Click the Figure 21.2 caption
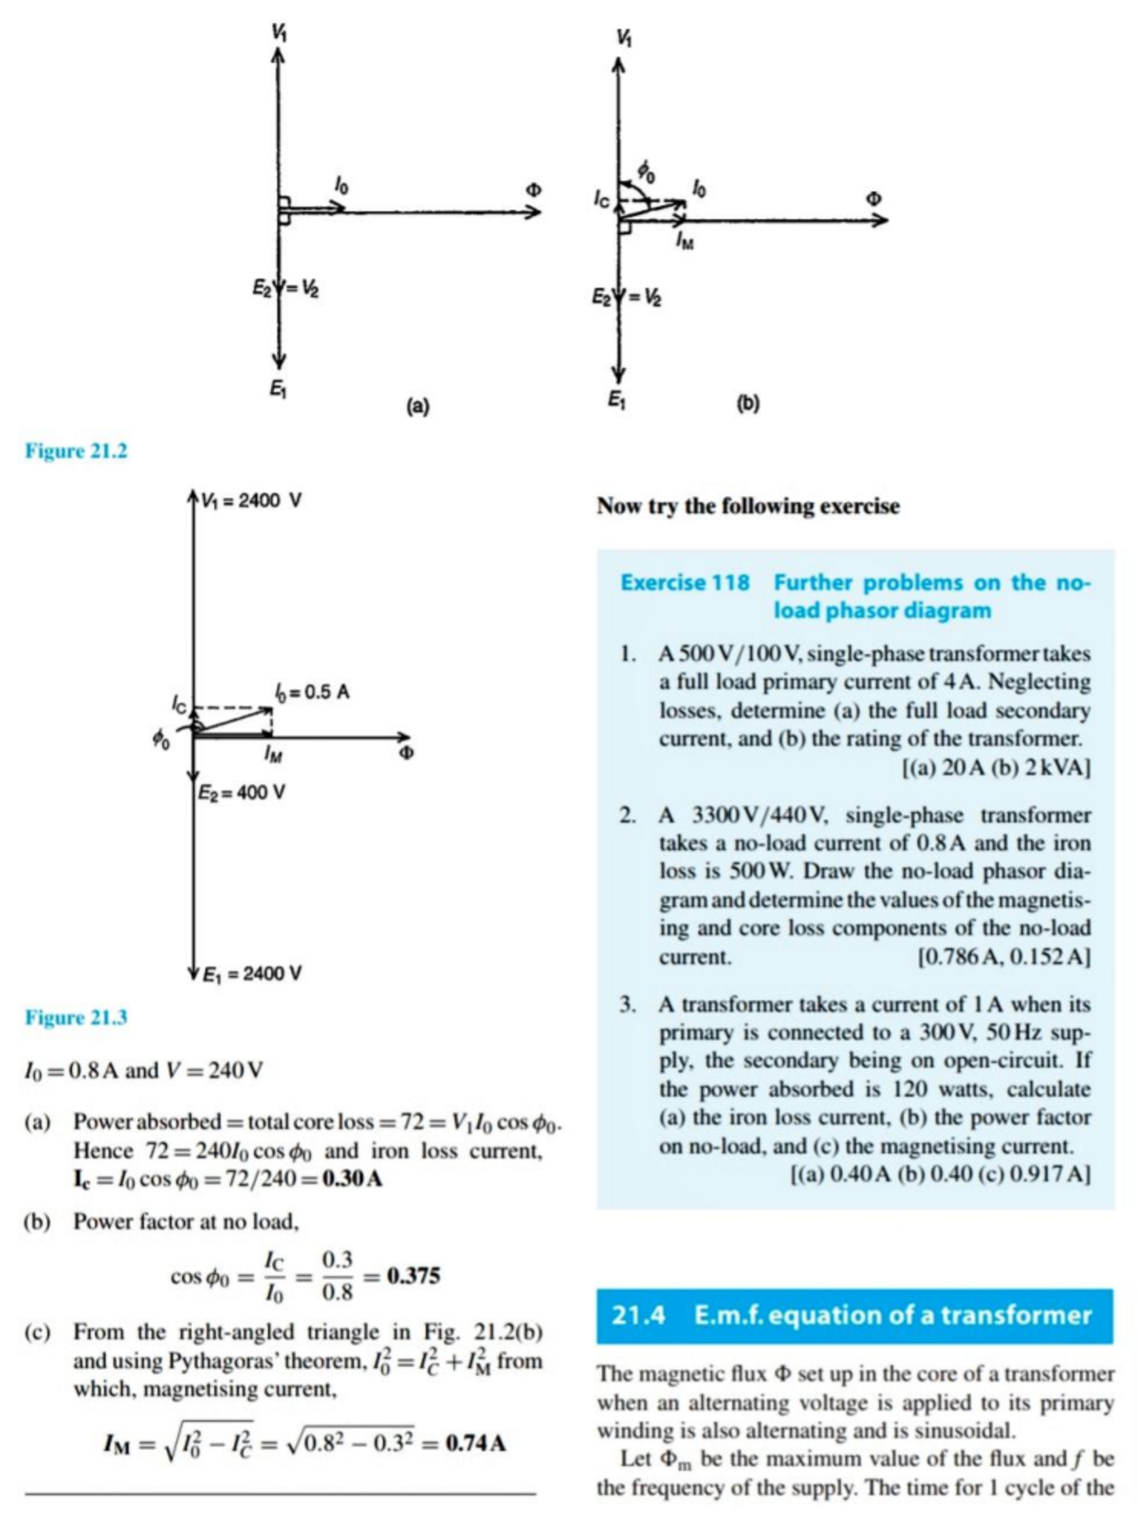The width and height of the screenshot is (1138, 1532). pos(76,451)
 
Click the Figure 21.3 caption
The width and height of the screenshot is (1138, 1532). pos(76,1018)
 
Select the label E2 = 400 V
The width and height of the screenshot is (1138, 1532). pos(242,791)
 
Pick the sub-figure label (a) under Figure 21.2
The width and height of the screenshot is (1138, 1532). pos(417,406)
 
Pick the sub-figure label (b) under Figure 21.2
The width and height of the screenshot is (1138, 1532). pos(748,403)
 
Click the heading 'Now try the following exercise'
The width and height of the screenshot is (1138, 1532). pos(747,506)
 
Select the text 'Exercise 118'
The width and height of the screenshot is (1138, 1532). pos(685,582)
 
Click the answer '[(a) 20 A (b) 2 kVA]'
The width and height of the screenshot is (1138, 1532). pos(993,766)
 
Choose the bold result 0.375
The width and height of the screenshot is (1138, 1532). pos(413,1276)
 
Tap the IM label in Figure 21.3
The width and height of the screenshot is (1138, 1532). pos(272,755)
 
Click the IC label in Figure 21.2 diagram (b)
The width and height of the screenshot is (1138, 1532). pos(601,199)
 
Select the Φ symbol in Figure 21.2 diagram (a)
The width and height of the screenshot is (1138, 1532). pos(534,190)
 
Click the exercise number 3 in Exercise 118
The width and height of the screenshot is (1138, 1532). pos(627,1004)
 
